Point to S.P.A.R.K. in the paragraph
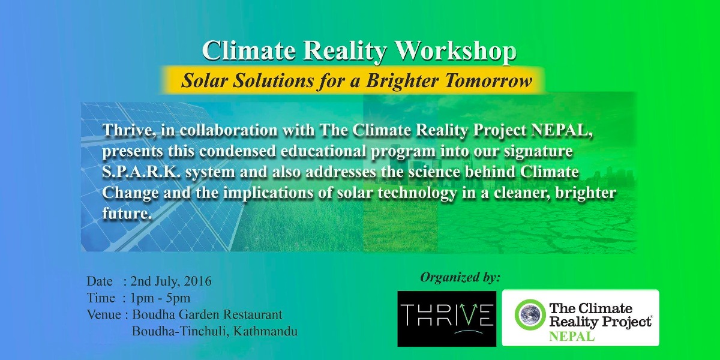(x=141, y=172)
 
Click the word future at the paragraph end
(x=127, y=213)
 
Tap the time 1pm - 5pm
(x=160, y=298)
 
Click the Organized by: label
(x=460, y=277)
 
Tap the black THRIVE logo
(x=447, y=319)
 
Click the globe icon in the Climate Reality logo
(x=530, y=314)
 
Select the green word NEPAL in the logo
(x=572, y=336)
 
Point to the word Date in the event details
(x=100, y=281)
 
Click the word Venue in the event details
(x=104, y=314)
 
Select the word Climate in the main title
(x=249, y=52)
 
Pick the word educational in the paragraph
(x=323, y=151)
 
